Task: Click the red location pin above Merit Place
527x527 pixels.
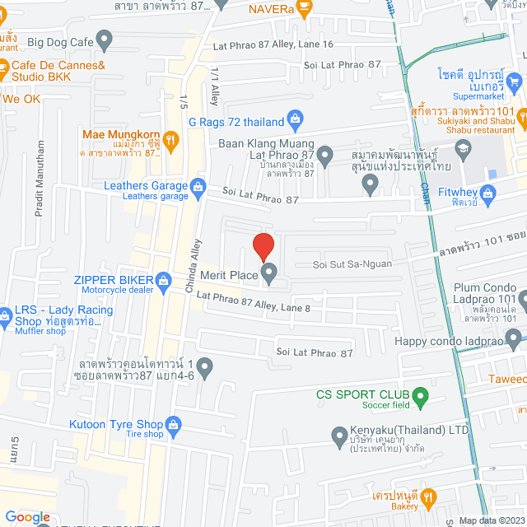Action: tap(263, 246)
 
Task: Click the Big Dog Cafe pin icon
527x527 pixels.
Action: tap(105, 38)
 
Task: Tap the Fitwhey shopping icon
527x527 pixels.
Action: tap(488, 194)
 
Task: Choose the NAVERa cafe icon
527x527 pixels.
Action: tap(304, 8)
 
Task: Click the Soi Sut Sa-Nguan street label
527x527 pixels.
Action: tap(352, 264)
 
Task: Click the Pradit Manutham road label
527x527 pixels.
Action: tap(39, 189)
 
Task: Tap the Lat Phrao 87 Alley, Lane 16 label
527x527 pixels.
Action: tap(273, 44)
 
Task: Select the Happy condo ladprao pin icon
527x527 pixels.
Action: tap(515, 338)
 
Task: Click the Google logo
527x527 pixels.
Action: tap(27, 516)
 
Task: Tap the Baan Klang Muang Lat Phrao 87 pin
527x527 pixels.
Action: tap(325, 154)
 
